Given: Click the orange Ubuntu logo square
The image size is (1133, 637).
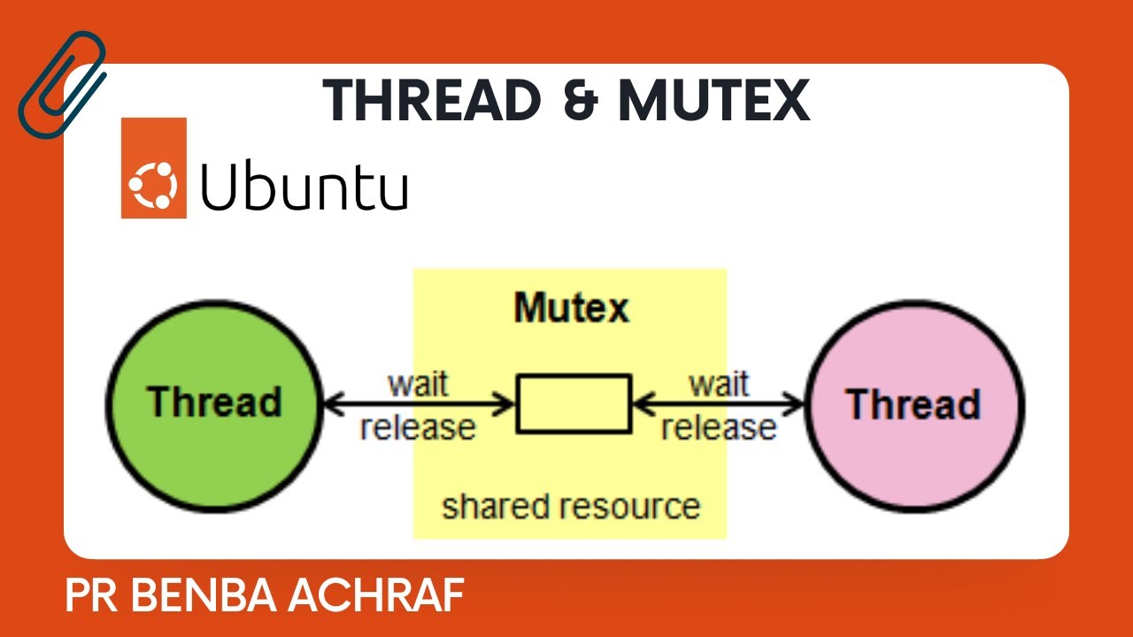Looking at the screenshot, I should click(x=154, y=168).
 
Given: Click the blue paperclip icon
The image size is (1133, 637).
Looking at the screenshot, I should click(x=60, y=84).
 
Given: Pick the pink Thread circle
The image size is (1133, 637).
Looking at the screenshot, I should click(x=914, y=405).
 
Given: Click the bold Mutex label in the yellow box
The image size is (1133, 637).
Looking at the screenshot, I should click(x=571, y=308).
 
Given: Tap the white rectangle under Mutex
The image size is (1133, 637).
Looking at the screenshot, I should click(x=574, y=403).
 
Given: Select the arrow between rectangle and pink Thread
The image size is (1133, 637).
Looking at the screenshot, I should click(x=720, y=405).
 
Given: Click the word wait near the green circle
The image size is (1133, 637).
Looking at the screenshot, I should click(x=418, y=384).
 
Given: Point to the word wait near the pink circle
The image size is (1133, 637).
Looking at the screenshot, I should click(x=719, y=384).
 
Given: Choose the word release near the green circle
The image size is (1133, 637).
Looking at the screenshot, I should click(x=418, y=427).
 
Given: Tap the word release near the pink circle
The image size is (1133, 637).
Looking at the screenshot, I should click(x=719, y=427).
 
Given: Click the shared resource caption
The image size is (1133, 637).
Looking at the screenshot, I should click(x=571, y=507).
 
